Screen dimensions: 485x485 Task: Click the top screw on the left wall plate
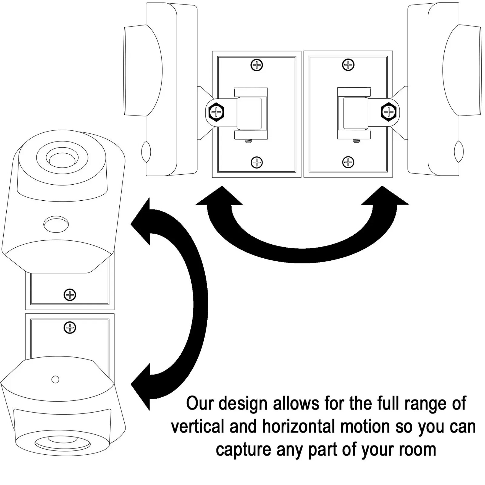point(257,65)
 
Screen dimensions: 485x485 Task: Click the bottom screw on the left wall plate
point(257,162)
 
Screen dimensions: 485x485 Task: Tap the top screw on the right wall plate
point(348,65)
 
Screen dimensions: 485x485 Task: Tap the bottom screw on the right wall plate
point(348,162)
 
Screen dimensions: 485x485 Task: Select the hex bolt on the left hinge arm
point(216,112)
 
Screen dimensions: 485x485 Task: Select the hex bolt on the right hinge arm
point(389,112)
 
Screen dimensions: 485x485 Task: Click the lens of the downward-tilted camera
point(62,442)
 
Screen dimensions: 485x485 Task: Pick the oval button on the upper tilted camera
point(56,224)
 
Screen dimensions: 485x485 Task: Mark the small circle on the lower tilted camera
point(55,379)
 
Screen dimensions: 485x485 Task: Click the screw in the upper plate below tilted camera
point(70,295)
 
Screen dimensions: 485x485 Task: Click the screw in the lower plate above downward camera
point(70,328)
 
